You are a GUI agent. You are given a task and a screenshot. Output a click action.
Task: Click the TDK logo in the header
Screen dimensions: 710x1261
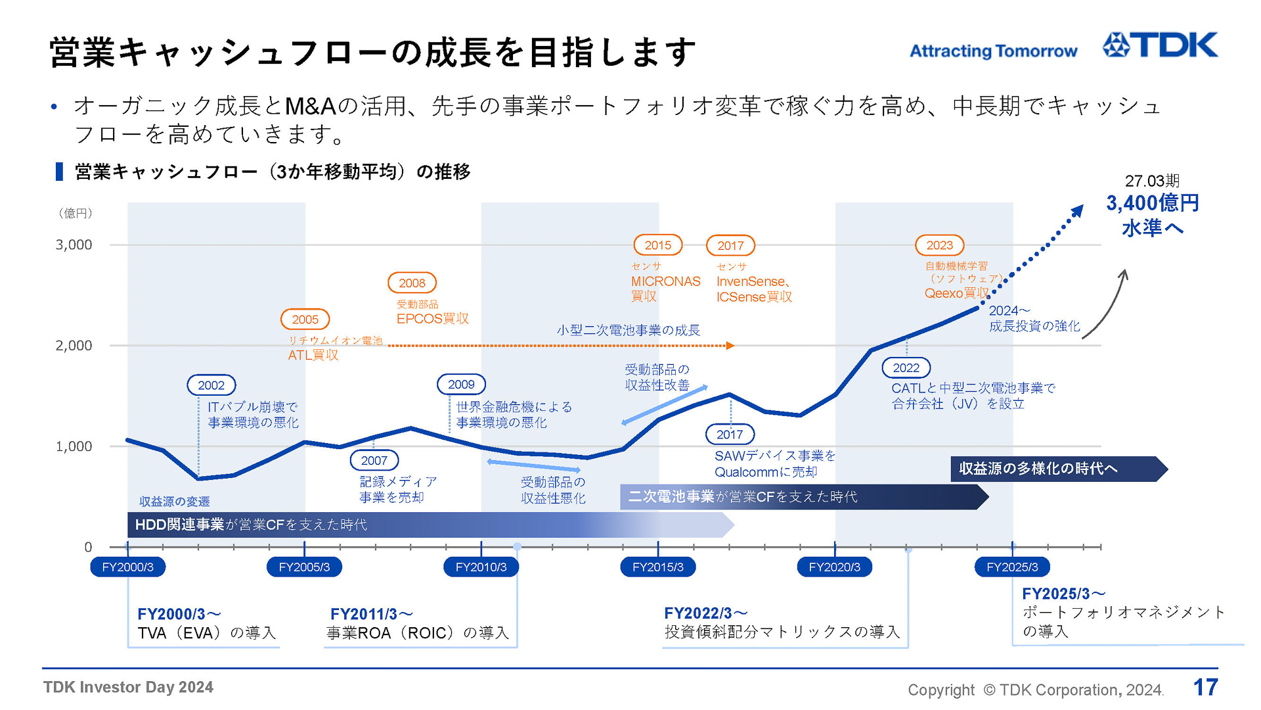tap(1160, 45)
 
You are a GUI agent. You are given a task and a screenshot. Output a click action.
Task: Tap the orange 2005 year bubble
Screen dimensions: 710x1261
tap(305, 319)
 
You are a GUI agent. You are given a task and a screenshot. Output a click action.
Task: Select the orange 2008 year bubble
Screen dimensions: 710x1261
tap(412, 283)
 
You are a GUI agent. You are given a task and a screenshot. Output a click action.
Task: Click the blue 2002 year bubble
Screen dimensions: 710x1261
tap(211, 385)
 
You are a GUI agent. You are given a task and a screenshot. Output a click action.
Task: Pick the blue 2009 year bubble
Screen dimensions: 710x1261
tap(461, 385)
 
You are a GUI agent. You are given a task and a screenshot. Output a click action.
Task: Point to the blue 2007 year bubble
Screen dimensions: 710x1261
tap(374, 461)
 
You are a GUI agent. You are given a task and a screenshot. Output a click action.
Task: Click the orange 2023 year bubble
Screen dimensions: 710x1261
tap(939, 245)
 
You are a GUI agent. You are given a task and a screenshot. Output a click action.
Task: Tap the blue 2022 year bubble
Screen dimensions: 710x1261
tap(906, 368)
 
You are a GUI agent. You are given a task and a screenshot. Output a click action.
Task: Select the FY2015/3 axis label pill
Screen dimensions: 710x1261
tap(657, 567)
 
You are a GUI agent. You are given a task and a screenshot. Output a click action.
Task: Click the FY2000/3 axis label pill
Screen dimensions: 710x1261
tap(127, 567)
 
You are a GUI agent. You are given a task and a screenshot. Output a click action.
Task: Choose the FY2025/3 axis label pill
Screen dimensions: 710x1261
tap(1012, 567)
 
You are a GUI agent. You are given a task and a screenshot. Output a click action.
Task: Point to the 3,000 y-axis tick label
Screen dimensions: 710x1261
tap(74, 245)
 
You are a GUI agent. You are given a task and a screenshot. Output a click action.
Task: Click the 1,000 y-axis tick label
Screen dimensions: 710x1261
tap(74, 446)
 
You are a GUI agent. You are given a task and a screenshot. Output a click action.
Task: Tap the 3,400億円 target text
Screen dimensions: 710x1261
tap(1153, 203)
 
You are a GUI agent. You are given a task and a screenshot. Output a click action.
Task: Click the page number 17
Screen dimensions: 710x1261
tap(1205, 688)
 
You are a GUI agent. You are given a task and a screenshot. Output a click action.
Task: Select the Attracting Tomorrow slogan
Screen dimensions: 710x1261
tap(993, 51)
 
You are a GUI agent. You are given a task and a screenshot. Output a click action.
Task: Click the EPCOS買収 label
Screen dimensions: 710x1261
tap(432, 319)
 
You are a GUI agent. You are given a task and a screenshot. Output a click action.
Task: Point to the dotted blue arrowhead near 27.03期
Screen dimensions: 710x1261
tap(1077, 211)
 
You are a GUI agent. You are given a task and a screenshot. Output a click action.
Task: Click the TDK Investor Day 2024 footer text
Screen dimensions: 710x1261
tap(128, 688)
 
